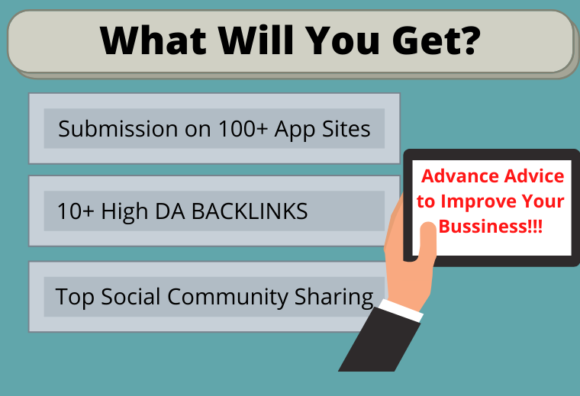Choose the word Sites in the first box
pos(348,128)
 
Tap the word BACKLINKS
pos(250,211)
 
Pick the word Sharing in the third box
pos(336,297)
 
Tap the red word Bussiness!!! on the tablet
pos(491,227)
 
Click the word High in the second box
pos(124,211)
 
